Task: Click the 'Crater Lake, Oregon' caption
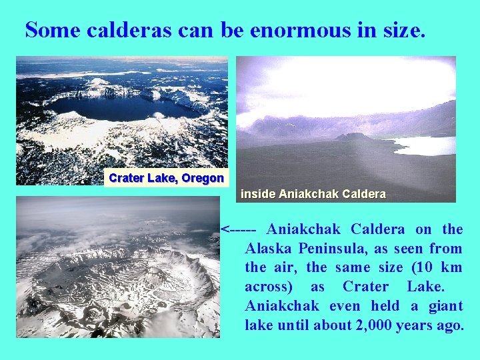166,178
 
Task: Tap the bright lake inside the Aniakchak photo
427,145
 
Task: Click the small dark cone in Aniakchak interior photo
354,137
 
